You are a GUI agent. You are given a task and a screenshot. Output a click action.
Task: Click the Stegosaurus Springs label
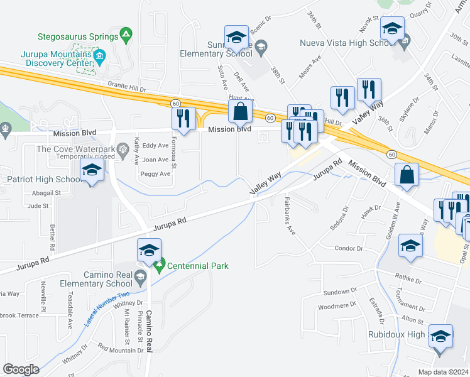tap(78, 37)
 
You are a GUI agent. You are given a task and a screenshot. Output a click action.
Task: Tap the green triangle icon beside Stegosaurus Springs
tap(126, 33)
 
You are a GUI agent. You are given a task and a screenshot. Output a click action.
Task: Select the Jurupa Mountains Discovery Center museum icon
tap(99, 57)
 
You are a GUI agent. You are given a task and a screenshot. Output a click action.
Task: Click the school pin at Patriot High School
tap(92, 171)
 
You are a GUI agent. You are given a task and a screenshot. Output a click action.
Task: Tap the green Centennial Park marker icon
tap(160, 266)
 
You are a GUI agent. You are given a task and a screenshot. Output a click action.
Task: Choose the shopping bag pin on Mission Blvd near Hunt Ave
tap(240, 112)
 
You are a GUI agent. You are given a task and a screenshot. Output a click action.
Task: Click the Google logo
tap(21, 369)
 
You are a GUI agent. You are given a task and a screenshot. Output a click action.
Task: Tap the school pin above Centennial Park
tap(150, 251)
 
